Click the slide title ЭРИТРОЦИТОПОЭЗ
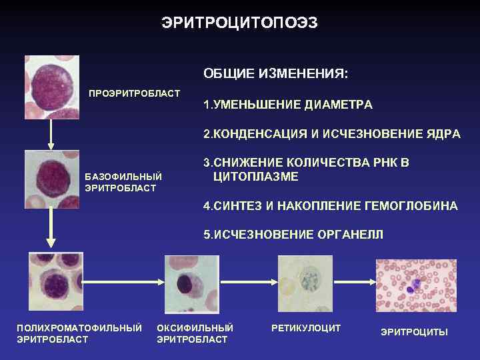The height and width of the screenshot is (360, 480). pyautogui.click(x=240, y=23)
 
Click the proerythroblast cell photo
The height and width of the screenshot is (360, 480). pyautogui.click(x=52, y=87)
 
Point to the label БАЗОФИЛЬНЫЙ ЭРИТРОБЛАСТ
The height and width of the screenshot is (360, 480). pyautogui.click(x=123, y=182)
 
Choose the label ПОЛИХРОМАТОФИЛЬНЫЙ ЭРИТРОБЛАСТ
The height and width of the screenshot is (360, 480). pyautogui.click(x=79, y=333)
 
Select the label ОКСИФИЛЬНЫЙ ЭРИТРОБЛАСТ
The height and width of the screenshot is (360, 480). pyautogui.click(x=195, y=333)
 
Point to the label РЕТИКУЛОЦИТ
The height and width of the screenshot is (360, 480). pyautogui.click(x=306, y=328)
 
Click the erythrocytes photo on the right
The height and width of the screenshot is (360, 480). pyautogui.click(x=416, y=285)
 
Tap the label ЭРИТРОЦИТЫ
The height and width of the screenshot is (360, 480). pyautogui.click(x=414, y=331)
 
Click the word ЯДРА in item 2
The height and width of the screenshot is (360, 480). pyautogui.click(x=442, y=134)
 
